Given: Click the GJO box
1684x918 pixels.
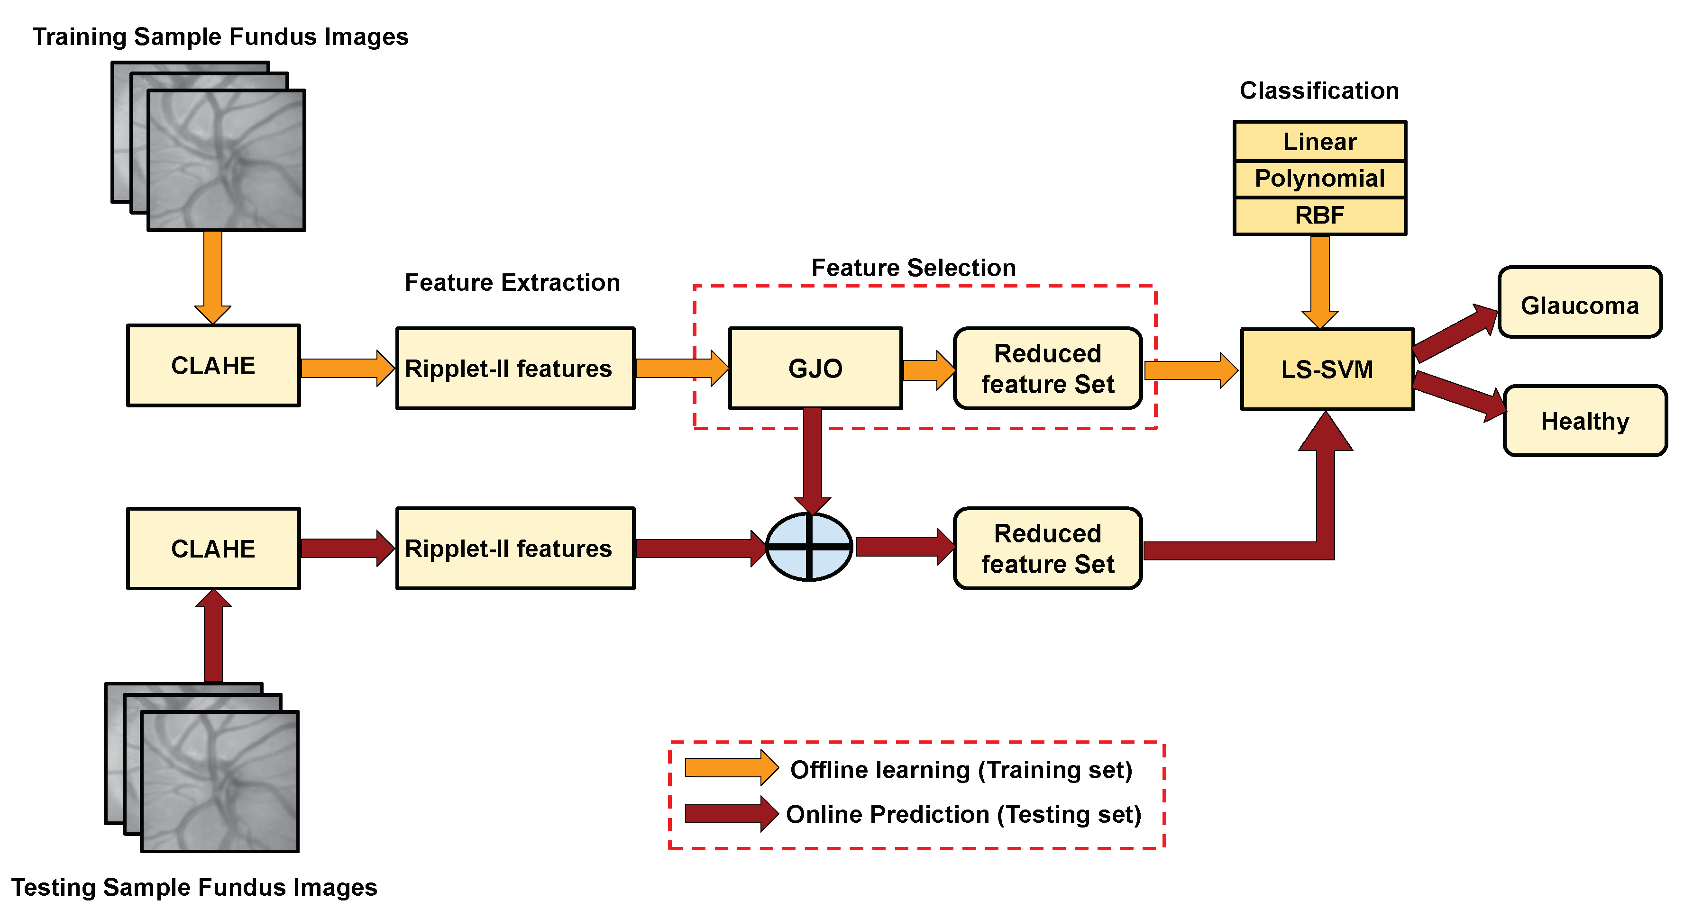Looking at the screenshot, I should click(815, 369).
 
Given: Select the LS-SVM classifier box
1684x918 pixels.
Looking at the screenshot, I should click(1327, 370).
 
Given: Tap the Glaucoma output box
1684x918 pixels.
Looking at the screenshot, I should click(1579, 303).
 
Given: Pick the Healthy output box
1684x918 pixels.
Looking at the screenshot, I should click(1584, 421).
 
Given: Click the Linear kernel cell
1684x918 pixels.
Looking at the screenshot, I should click(1319, 142).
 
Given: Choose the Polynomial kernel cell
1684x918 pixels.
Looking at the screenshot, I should click(1319, 179).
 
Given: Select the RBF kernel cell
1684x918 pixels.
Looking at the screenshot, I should click(1319, 216).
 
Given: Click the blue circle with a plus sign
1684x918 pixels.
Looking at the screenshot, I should click(809, 548).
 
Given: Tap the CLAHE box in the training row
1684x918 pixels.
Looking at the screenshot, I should click(213, 366).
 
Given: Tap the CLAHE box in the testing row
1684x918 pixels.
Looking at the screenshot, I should click(213, 549).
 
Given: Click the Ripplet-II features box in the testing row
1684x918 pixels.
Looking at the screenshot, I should click(515, 549).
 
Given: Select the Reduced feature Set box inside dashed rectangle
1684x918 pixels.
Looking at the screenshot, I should click(1047, 369).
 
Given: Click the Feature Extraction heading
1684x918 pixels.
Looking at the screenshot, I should click(512, 282).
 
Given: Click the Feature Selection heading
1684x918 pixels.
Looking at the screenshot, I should click(913, 267).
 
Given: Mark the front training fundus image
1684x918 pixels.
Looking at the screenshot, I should click(226, 160).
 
